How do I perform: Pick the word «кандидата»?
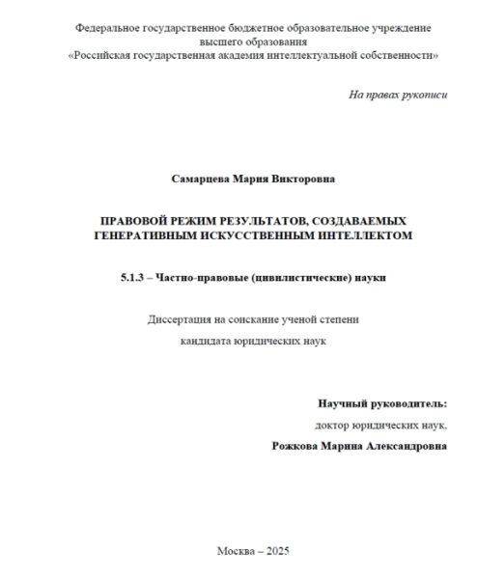pyautogui.click(x=209, y=341)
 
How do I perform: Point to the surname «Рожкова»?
pyautogui.click(x=301, y=447)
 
